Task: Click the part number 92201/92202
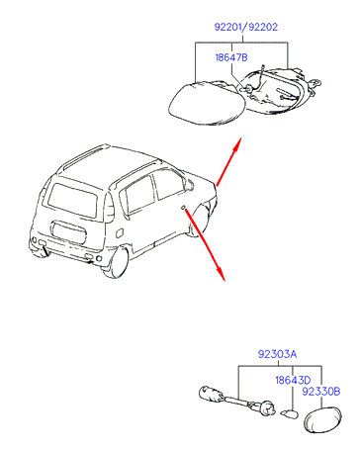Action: tap(246, 27)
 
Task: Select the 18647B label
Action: tap(231, 57)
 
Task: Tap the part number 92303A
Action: tap(277, 354)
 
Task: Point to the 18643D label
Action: tap(293, 380)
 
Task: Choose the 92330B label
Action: tap(321, 392)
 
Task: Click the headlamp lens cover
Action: tap(207, 104)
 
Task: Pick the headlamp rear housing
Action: tap(279, 90)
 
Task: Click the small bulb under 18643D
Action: tap(289, 413)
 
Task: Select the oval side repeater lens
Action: tap(322, 419)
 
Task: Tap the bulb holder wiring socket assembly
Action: tap(236, 401)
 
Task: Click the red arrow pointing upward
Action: tap(228, 161)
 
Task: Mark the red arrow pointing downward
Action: tap(205, 244)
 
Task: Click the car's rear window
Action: tap(73, 200)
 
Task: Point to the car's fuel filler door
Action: tap(120, 232)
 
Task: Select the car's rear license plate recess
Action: tap(68, 233)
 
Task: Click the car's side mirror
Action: tap(190, 184)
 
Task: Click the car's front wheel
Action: tap(200, 221)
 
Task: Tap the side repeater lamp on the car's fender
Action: tap(183, 207)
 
